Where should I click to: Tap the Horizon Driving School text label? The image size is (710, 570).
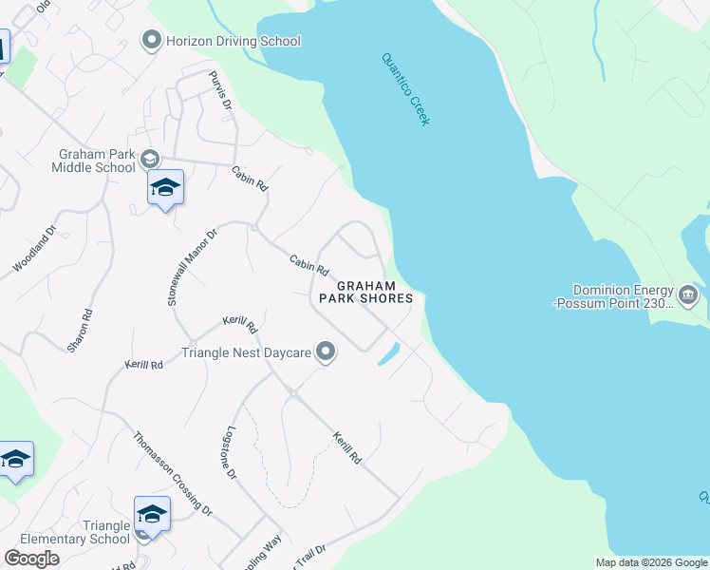point(233,41)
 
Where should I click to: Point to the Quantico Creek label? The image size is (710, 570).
point(406,88)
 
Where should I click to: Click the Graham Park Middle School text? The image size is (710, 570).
point(97,161)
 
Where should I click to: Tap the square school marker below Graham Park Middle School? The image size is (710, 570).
point(165,187)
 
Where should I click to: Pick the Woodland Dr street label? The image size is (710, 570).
point(35,250)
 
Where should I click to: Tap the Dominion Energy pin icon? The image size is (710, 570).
point(689,296)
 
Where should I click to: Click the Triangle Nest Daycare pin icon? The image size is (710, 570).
point(326,352)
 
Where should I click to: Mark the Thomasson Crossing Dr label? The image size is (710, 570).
point(172,474)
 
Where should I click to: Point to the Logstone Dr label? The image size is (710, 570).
point(231,452)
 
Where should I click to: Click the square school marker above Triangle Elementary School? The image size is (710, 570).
point(152,514)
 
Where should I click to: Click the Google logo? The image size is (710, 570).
point(31,558)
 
